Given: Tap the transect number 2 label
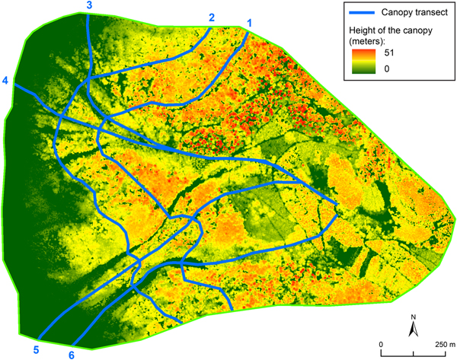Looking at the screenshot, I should pos(212,18).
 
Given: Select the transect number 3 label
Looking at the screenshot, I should pos(90,6).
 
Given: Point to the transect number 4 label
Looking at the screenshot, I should pos(5,81).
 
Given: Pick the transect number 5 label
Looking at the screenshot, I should pos(35,349).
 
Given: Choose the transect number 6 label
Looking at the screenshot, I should pos(72,354).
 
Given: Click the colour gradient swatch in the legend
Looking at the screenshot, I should pos(365,64).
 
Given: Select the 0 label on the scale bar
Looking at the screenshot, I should pos(381,343).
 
